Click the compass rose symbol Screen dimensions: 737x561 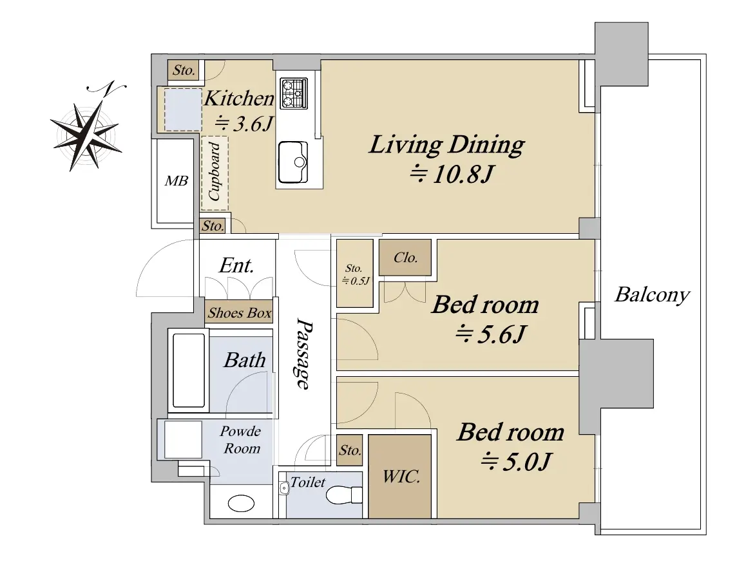pos(88,127)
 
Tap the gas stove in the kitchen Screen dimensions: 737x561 pos(294,93)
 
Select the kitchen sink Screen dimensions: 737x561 pos(293,162)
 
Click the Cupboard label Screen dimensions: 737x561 pos(214,171)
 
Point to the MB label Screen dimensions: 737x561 pos(177,181)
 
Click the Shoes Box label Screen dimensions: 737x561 pos(240,313)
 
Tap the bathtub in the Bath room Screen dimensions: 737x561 pos(189,370)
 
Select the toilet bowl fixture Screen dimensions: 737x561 pos(343,495)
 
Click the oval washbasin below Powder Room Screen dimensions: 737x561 pos(241,503)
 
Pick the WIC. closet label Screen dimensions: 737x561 pos(401,477)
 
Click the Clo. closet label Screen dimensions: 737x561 pos(405,258)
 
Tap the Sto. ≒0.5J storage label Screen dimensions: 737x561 pos(356,274)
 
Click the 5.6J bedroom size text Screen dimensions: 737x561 pos(491,334)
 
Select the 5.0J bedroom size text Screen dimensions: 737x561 pos(515,462)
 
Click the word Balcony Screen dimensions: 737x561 pos(653,295)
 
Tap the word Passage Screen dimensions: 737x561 pos(304,354)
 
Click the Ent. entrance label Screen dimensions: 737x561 pos(236,265)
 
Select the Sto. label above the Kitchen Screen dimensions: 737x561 pos(184,70)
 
